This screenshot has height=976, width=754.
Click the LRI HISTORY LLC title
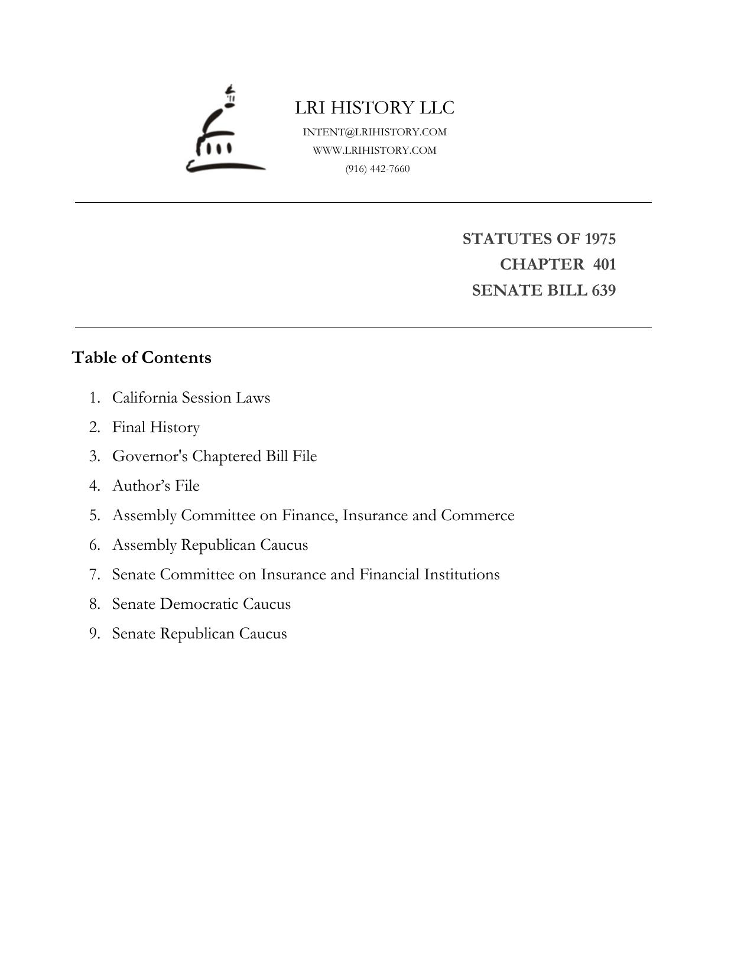(375, 108)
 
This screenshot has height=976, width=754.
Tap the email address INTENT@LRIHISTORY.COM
(375, 132)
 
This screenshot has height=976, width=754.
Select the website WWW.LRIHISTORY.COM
(375, 150)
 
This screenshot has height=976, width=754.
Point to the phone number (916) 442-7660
(378, 168)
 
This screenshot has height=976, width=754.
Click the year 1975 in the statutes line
(600, 239)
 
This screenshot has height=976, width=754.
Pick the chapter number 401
(604, 264)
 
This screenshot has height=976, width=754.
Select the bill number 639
(603, 290)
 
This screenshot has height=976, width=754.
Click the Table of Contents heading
(141, 358)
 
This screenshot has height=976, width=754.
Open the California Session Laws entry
(191, 397)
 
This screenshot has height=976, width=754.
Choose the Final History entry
(156, 427)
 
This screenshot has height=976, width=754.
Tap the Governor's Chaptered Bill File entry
(214, 456)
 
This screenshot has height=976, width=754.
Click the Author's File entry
(156, 485)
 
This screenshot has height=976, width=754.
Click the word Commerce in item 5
(477, 515)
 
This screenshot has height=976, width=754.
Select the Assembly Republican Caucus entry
(210, 544)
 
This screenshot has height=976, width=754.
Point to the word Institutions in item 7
(461, 574)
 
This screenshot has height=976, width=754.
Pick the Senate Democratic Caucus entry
(201, 604)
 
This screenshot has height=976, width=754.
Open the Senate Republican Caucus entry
(199, 633)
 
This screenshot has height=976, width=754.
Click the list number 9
(95, 633)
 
